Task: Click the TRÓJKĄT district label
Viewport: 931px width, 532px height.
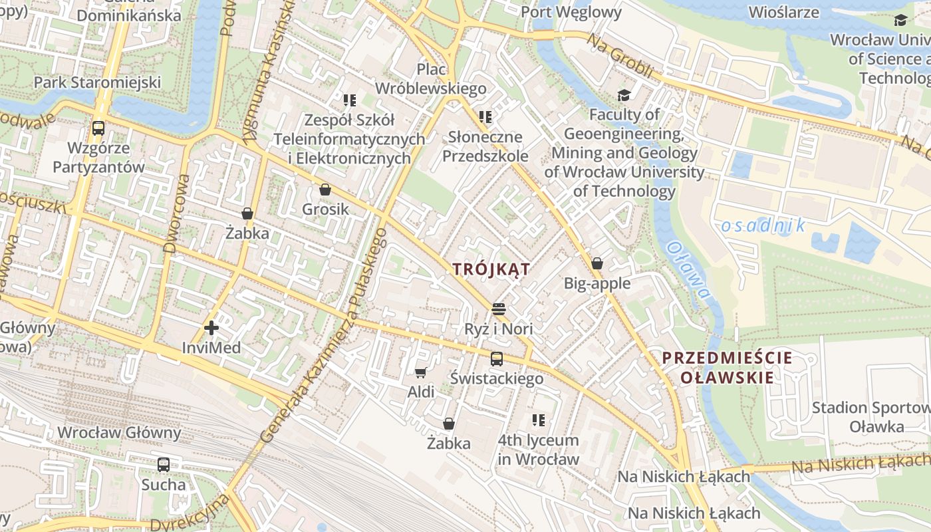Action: click(491, 269)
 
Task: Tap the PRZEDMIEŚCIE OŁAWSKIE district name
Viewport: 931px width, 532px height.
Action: click(727, 368)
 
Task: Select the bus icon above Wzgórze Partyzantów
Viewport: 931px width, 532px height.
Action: click(98, 128)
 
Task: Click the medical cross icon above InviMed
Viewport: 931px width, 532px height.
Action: click(211, 328)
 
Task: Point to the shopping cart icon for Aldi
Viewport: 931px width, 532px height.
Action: click(420, 372)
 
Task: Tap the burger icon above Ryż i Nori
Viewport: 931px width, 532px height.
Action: click(499, 309)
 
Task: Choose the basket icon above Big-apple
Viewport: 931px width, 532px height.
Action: click(597, 263)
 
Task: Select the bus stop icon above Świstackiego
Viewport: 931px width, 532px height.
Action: click(496, 359)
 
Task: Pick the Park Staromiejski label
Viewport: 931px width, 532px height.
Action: click(98, 82)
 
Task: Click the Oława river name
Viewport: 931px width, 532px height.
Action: click(689, 269)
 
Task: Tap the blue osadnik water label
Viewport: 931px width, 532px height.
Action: click(763, 225)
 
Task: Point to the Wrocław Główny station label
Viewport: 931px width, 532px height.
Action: click(119, 433)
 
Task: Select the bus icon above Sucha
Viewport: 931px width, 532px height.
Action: click(164, 465)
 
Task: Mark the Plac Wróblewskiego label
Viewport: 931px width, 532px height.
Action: click(431, 78)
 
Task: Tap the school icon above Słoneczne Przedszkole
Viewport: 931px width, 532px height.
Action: click(485, 117)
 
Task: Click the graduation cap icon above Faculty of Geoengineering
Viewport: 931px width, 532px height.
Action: click(624, 95)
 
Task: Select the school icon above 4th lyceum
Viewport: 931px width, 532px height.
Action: click(539, 420)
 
